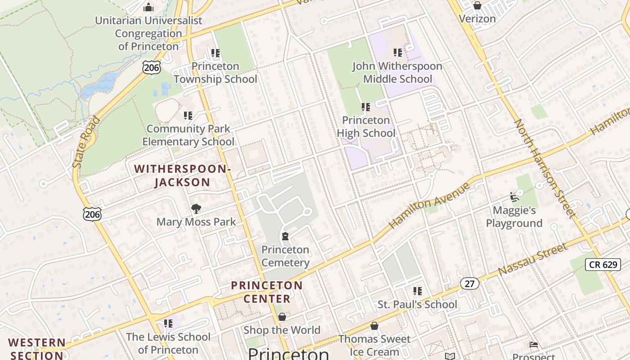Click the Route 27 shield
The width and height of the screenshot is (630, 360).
[x=469, y=283]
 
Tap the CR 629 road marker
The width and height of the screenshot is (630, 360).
[x=603, y=264]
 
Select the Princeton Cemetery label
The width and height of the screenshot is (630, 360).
[x=285, y=256]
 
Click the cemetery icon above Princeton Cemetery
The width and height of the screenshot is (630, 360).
[x=285, y=236]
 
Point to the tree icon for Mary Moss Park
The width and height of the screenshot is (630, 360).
[x=196, y=208]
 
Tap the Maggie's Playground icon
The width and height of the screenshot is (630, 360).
[x=514, y=197]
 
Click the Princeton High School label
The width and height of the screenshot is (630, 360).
[x=366, y=126]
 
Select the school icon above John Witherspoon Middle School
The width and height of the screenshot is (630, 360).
[x=397, y=53]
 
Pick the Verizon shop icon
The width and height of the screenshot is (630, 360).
[x=477, y=5]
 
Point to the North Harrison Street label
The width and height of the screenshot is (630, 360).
[x=544, y=169]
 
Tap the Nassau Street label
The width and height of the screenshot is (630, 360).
[x=533, y=260]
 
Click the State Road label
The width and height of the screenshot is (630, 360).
[x=86, y=142]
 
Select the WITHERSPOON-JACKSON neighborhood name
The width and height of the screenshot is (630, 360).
[x=182, y=175]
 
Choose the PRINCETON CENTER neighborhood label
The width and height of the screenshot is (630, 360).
[x=267, y=292]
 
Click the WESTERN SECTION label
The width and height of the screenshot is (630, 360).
[x=37, y=349]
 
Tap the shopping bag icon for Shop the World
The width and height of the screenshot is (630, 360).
[x=282, y=317]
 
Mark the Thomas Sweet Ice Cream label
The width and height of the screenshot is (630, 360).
[x=374, y=345]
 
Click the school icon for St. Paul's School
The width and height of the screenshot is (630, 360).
[x=418, y=291]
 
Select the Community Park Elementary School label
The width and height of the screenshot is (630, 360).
[x=188, y=135]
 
